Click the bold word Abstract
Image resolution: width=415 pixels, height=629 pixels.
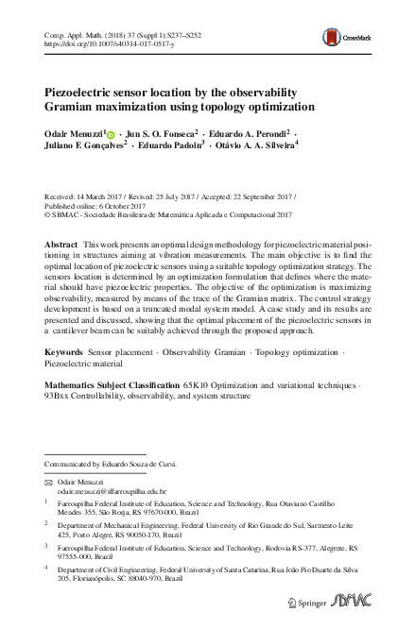pyautogui.click(x=61, y=245)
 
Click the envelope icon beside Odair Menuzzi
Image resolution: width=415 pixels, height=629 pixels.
pyautogui.click(x=48, y=481)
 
